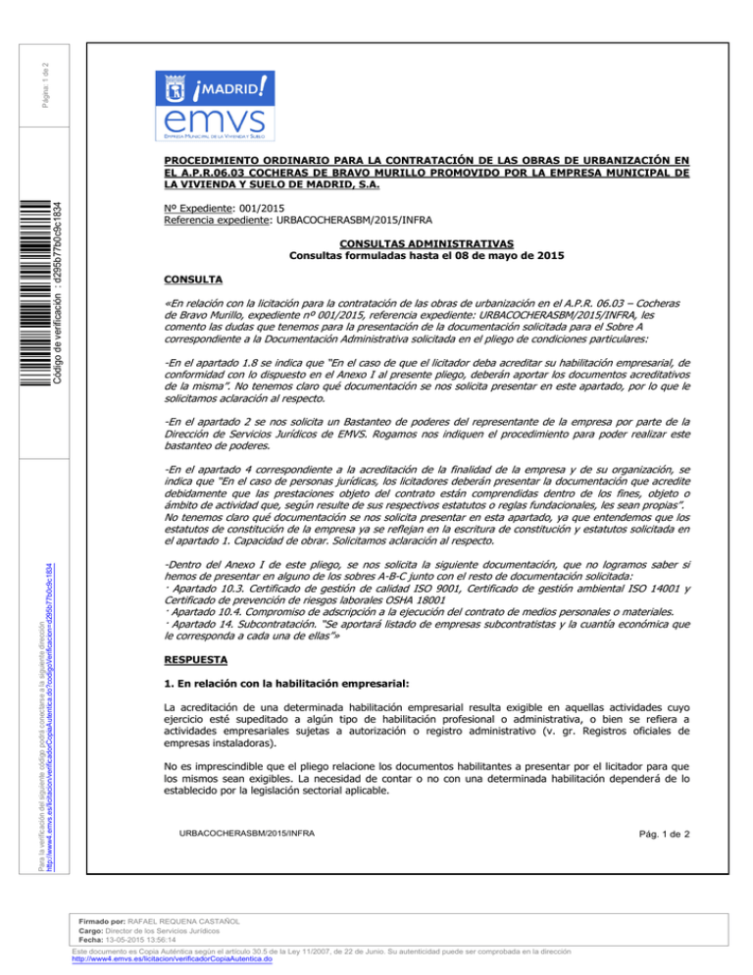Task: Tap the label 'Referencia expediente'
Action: [214, 221]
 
